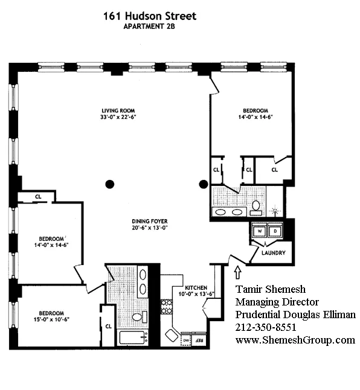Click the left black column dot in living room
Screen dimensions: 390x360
(x=109, y=184)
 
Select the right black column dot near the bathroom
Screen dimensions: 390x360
(x=204, y=184)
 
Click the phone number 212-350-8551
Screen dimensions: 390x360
(x=265, y=328)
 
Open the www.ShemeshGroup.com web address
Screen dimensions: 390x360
(x=295, y=340)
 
